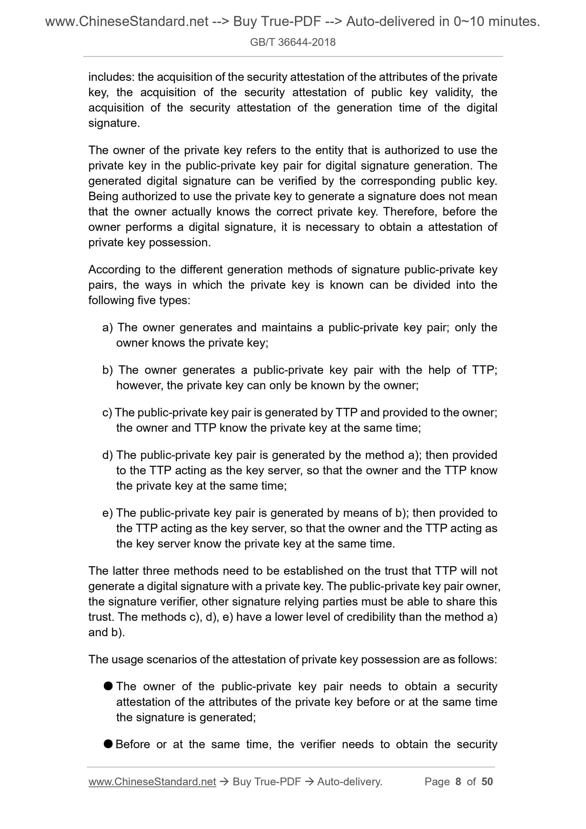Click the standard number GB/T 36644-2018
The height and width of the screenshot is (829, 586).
pyautogui.click(x=293, y=42)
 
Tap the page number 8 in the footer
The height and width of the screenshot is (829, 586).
pyautogui.click(x=458, y=782)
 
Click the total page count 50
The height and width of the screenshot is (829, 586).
pyautogui.click(x=487, y=782)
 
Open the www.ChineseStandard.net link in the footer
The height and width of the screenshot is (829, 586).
pyautogui.click(x=152, y=782)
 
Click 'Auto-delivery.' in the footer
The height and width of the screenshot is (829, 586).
pyautogui.click(x=350, y=782)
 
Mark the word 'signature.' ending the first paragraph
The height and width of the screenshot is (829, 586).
pyautogui.click(x=114, y=123)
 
